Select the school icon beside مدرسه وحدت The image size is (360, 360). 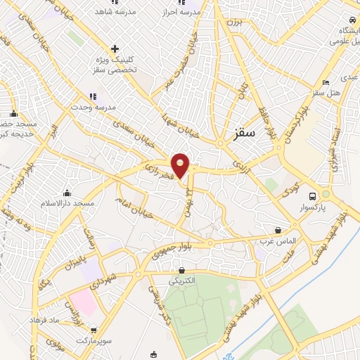(x=91, y=97)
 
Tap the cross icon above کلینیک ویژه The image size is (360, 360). (x=115, y=49)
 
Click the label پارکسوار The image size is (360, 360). (x=325, y=207)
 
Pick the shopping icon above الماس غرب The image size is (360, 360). (x=278, y=230)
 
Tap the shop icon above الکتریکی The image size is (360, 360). (x=182, y=270)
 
